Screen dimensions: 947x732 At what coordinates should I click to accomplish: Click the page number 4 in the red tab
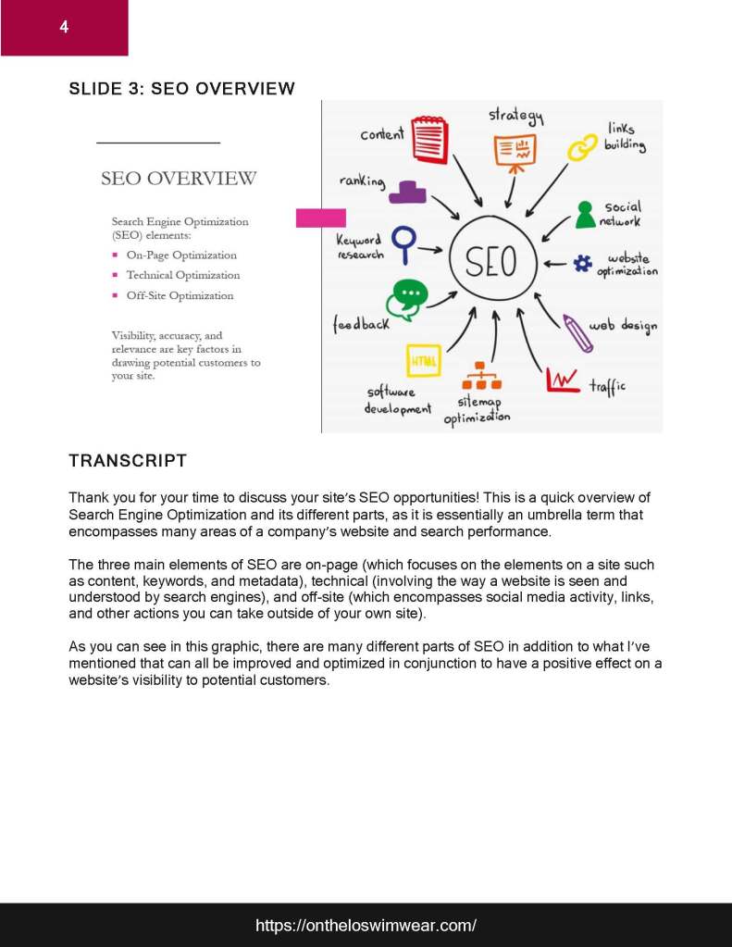pos(64,27)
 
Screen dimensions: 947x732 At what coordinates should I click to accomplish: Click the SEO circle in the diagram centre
pos(491,260)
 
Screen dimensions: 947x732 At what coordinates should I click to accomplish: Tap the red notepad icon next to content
pos(429,140)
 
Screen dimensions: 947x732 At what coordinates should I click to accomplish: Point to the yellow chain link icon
pos(583,146)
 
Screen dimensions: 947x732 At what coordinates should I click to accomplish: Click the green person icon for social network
pos(585,215)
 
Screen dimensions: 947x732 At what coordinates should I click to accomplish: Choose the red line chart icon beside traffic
pos(563,380)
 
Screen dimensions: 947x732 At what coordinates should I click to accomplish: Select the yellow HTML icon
pos(424,360)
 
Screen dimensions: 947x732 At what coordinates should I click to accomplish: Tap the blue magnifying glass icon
pos(403,243)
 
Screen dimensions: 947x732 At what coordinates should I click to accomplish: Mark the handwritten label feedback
pos(362,325)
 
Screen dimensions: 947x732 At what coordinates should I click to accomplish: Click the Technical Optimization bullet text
pos(182,275)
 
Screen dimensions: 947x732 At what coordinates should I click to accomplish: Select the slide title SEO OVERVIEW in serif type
pos(179,179)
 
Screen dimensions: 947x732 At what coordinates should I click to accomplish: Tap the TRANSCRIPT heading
pos(128,461)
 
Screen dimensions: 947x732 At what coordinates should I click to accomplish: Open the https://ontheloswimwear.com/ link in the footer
pos(366,925)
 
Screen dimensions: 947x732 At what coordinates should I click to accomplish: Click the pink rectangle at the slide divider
pos(320,218)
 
